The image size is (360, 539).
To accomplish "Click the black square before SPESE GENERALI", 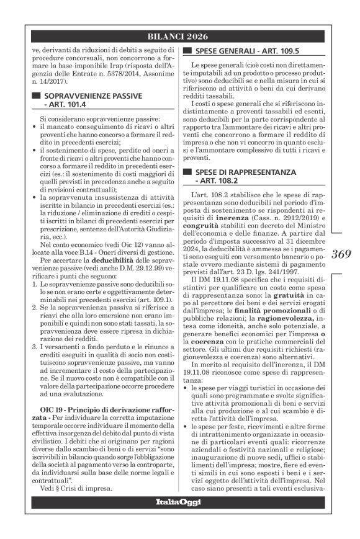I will click(x=186, y=51).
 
